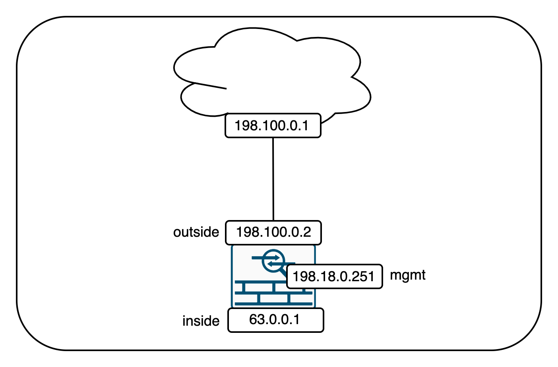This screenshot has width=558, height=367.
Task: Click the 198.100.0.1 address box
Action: pyautogui.click(x=273, y=126)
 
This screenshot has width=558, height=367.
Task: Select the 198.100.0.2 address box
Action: pyautogui.click(x=273, y=232)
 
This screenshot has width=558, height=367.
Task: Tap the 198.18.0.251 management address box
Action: pyautogui.click(x=334, y=276)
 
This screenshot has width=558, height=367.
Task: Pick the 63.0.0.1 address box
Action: pyautogui.click(x=275, y=320)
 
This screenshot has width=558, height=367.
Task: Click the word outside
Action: pyautogui.click(x=196, y=232)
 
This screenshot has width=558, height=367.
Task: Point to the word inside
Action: pyautogui.click(x=201, y=321)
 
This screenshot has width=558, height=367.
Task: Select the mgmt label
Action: pyautogui.click(x=407, y=275)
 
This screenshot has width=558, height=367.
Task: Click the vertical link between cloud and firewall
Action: pyautogui.click(x=273, y=179)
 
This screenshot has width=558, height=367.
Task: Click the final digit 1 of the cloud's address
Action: pyautogui.click(x=305, y=126)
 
